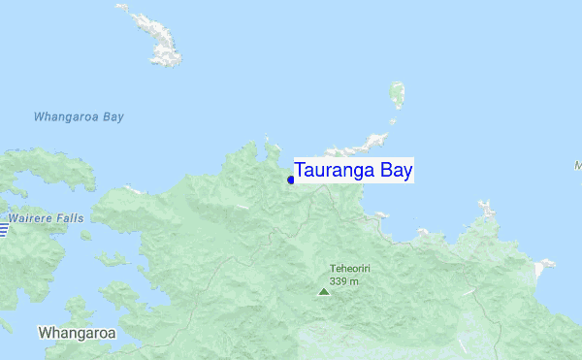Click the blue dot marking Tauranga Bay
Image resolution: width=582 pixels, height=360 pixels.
[291, 179]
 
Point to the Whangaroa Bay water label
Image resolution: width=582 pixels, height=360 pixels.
[79, 117]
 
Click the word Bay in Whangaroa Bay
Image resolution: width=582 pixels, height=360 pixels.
[112, 117]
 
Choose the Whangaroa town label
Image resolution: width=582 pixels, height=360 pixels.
[77, 333]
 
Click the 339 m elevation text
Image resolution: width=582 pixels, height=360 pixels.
[344, 281]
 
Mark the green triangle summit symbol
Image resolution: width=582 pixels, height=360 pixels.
[324, 290]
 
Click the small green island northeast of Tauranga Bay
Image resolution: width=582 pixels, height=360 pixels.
[396, 95]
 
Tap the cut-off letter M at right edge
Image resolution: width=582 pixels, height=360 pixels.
[578, 165]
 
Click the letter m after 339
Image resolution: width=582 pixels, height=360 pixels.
[355, 281]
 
